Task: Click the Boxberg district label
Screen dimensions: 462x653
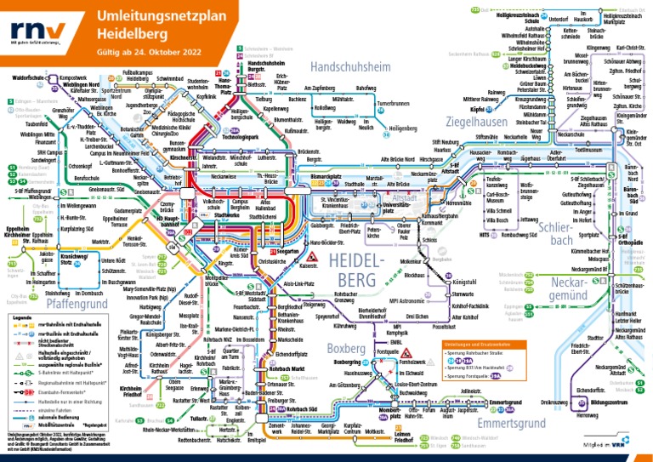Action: (x=345, y=348)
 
